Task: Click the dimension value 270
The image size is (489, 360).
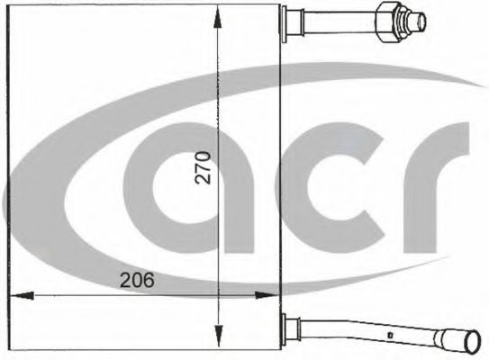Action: tap(204, 168)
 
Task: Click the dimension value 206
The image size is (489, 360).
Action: tap(137, 280)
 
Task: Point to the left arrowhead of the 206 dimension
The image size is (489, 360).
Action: tap(19, 293)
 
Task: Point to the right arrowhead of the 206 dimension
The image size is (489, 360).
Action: tap(270, 293)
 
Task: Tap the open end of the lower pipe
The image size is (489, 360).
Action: tap(475, 343)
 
